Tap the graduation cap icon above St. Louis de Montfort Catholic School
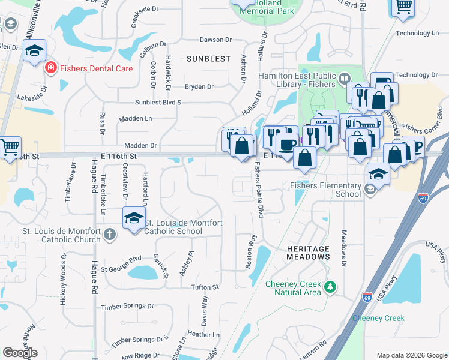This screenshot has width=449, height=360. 133,217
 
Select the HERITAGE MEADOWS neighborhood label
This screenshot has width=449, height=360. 308,253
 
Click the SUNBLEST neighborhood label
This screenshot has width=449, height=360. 208,59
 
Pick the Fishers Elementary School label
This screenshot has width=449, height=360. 325,190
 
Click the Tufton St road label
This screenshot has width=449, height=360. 205,287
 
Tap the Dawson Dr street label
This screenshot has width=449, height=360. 215,40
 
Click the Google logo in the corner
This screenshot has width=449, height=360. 20,353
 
